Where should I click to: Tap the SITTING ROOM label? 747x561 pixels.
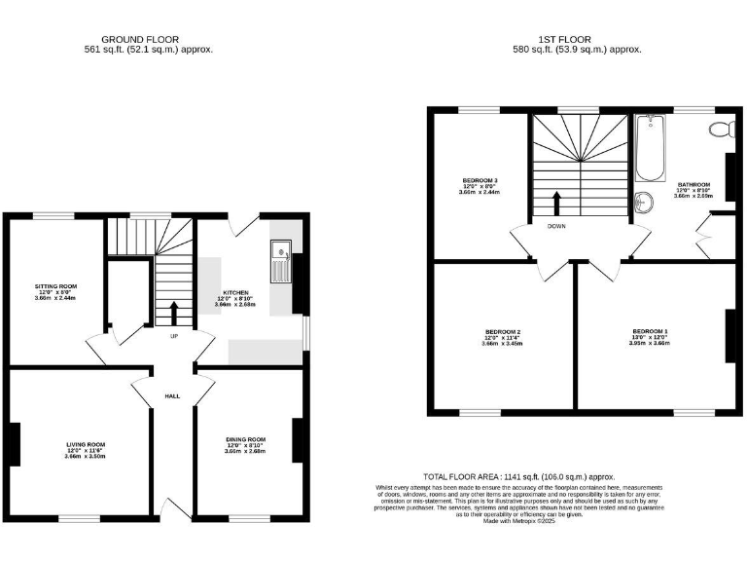(x=54, y=286)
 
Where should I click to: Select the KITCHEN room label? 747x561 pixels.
(x=235, y=292)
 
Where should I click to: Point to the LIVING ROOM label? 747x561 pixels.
(x=86, y=444)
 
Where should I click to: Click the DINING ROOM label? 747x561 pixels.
(x=245, y=439)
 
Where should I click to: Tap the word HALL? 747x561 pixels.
(x=172, y=396)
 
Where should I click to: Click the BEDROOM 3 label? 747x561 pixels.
(x=480, y=180)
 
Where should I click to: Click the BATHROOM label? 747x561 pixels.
(x=694, y=184)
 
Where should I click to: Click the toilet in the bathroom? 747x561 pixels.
(x=720, y=130)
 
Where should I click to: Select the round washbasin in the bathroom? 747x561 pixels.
(x=643, y=203)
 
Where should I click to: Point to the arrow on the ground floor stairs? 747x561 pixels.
(x=174, y=313)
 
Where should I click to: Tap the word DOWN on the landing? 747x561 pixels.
(x=556, y=226)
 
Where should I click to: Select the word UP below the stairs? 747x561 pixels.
(x=174, y=336)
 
